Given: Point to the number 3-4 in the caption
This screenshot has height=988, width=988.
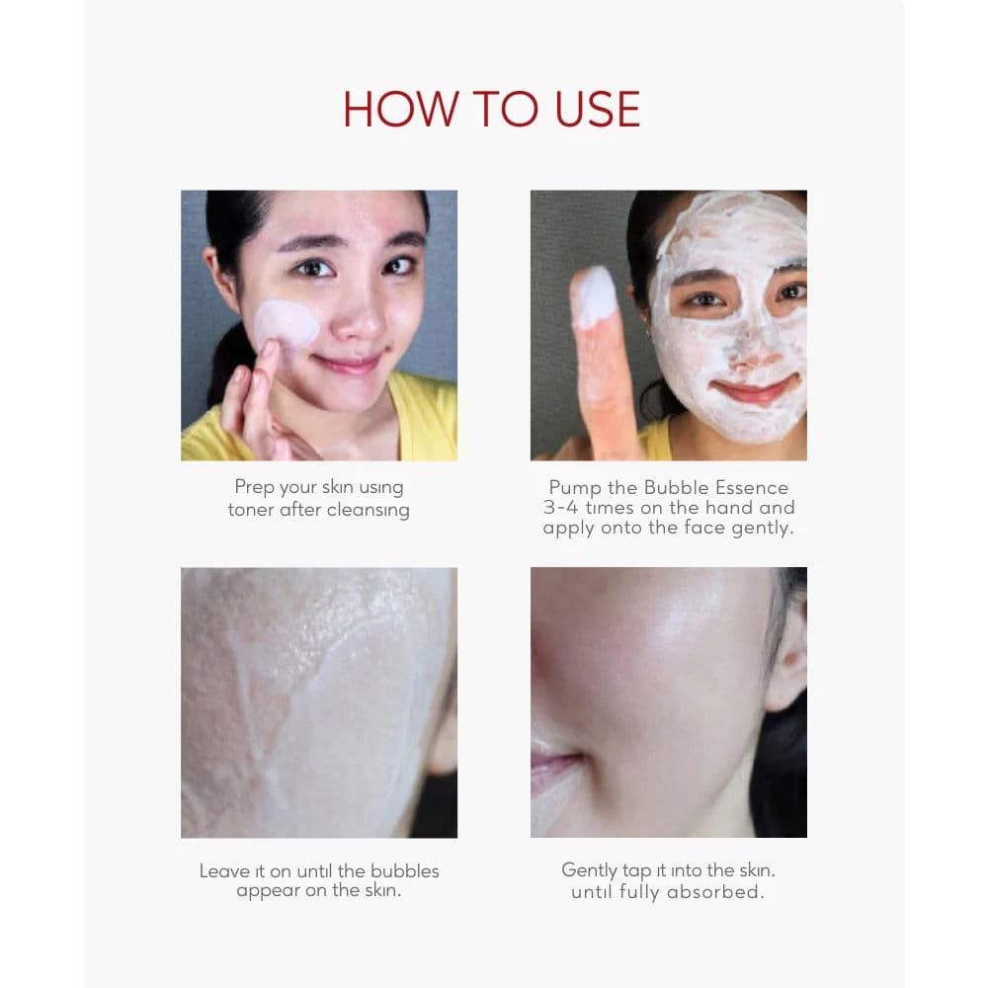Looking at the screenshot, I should click(562, 508).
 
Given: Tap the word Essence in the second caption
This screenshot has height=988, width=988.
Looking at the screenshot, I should click(755, 487).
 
